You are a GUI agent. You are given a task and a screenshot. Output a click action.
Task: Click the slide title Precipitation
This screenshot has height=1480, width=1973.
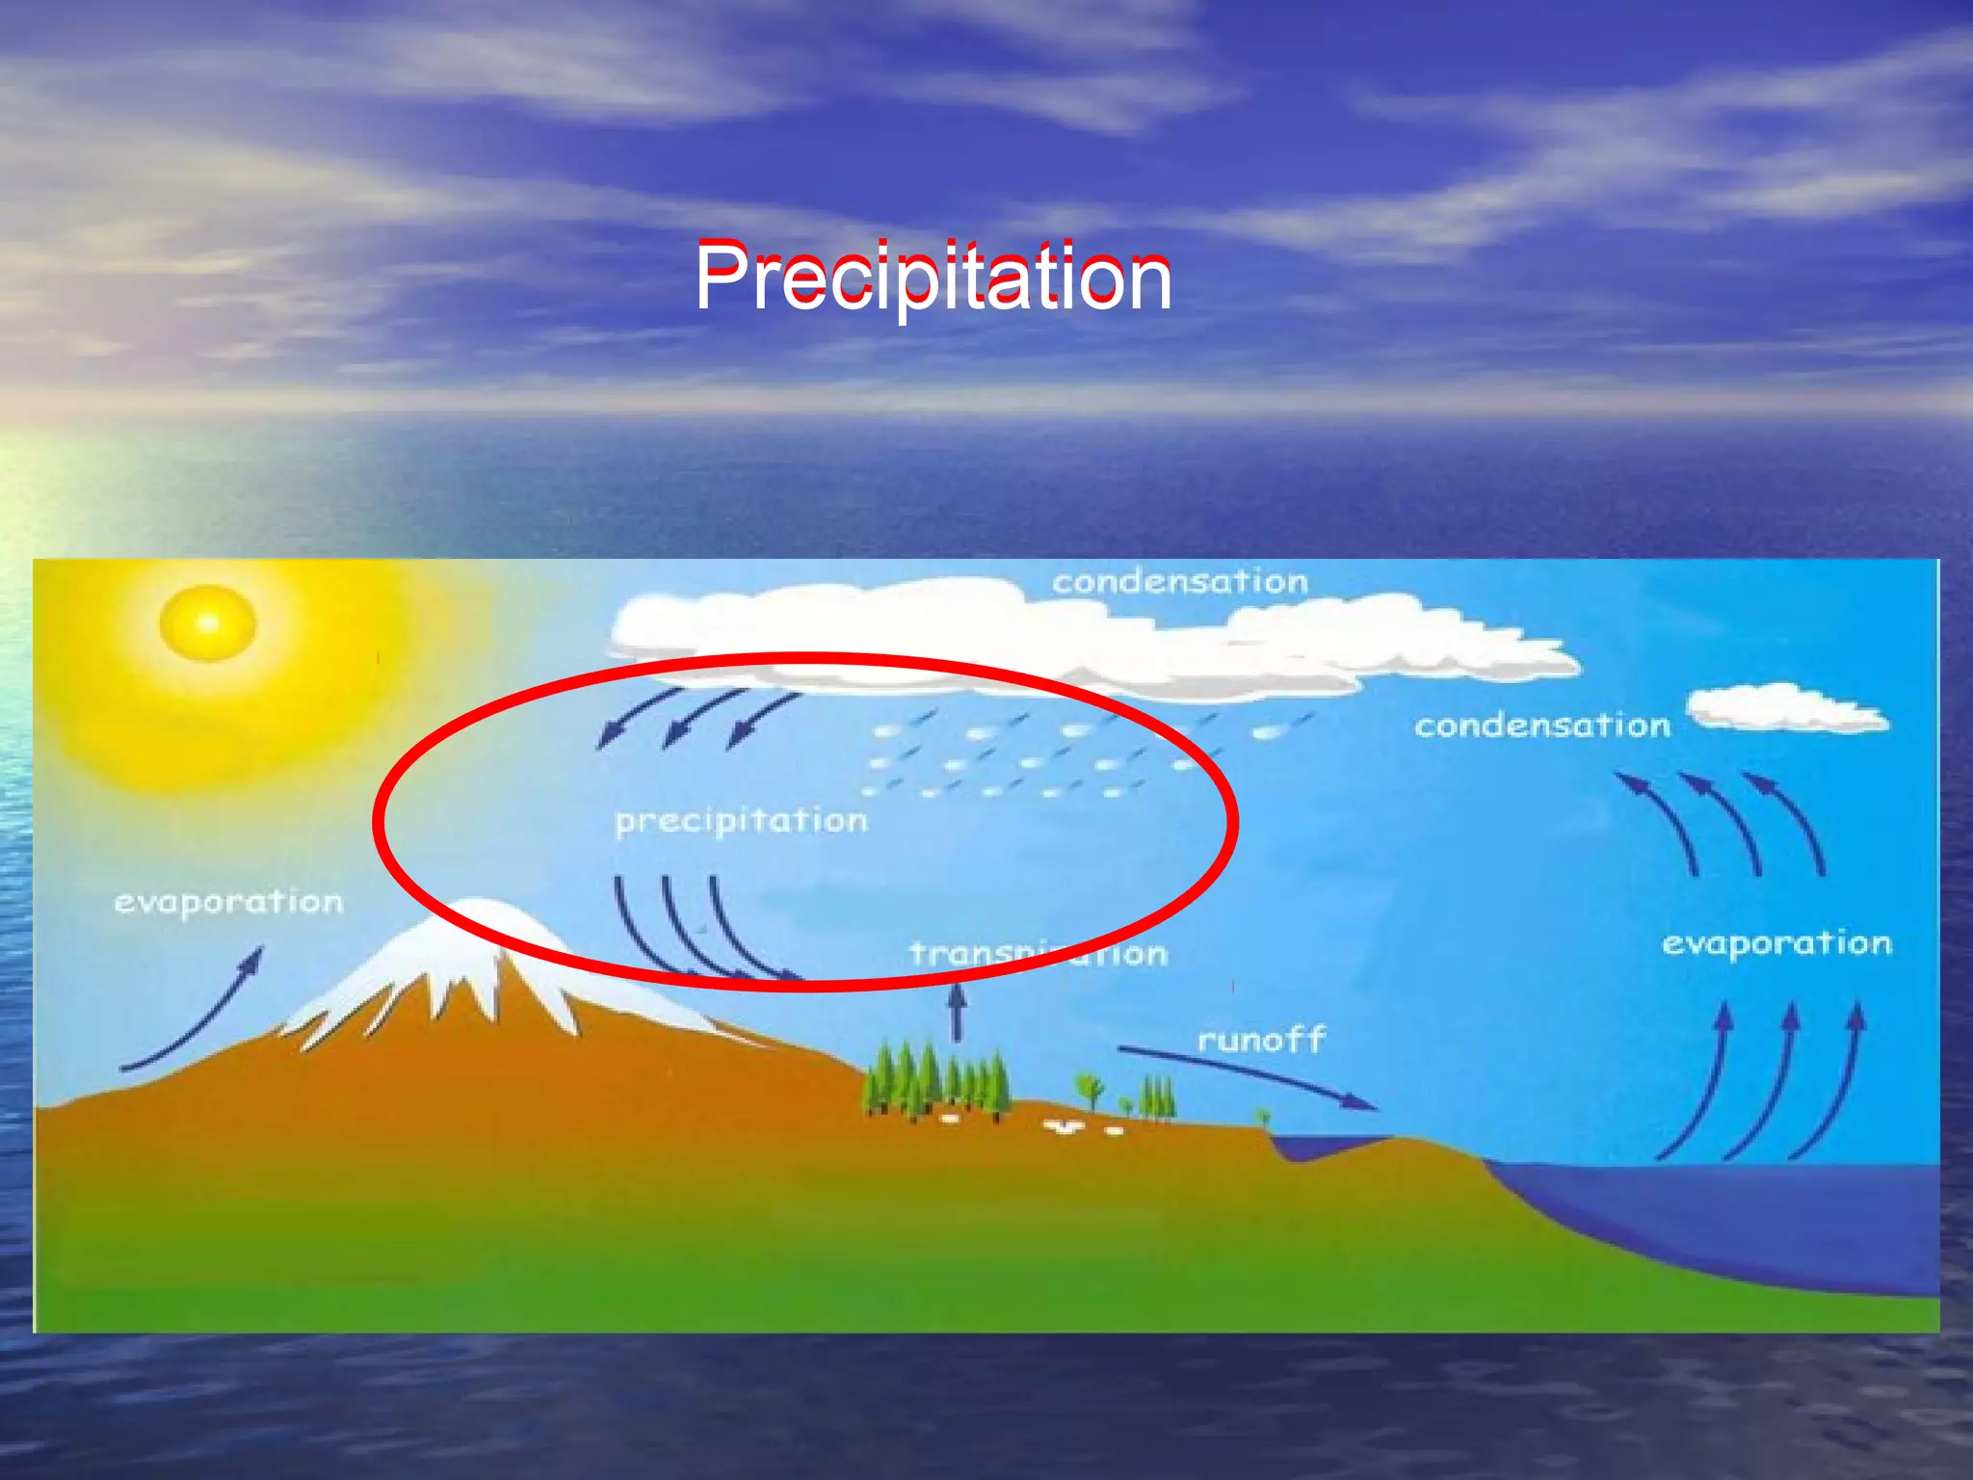(932, 277)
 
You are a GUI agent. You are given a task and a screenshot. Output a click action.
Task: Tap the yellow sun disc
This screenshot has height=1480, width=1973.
(207, 623)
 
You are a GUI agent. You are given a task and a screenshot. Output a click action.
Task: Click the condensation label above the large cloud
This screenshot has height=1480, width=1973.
(1179, 582)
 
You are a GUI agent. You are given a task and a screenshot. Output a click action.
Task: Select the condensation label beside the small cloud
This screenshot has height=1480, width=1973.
(1541, 726)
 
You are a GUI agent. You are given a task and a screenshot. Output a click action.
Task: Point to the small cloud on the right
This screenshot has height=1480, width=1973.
(1788, 709)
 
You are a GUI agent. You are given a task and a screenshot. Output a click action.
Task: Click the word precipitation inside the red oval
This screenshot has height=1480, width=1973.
(741, 821)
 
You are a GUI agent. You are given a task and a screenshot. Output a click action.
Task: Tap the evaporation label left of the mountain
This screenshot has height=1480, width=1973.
(228, 903)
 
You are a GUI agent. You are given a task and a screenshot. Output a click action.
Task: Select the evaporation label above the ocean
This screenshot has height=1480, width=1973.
(1776, 943)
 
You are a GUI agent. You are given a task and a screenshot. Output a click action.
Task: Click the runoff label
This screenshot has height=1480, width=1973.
(1260, 1040)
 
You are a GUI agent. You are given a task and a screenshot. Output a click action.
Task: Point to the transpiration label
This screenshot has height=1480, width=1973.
(1038, 954)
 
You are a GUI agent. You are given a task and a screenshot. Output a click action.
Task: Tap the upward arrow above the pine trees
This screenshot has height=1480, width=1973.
(957, 1011)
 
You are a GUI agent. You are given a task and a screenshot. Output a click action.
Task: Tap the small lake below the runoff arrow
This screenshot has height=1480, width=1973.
(1325, 1147)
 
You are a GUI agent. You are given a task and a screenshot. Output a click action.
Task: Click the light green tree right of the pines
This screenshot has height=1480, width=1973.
(1091, 1090)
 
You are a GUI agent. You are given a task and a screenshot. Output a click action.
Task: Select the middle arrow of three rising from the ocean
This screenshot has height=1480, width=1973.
(1763, 1079)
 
